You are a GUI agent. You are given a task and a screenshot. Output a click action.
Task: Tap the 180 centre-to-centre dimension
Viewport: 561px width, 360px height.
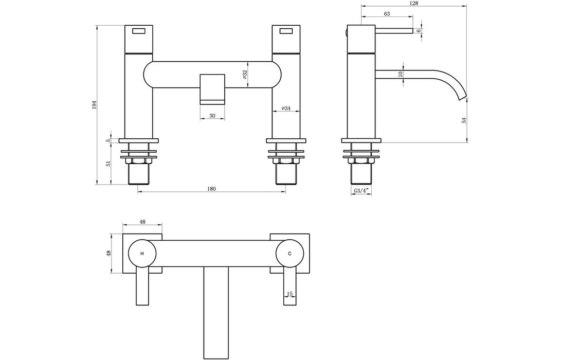211,188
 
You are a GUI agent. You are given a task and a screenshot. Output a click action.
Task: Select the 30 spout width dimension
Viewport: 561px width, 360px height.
212,116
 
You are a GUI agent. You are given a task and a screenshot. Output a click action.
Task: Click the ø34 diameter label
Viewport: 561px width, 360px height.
286,109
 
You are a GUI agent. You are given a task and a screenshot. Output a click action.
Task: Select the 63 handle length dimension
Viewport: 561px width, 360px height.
387,14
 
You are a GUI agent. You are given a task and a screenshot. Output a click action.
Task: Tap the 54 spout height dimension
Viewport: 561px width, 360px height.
463,120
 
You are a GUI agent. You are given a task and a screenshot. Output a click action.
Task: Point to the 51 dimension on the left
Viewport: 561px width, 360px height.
108,164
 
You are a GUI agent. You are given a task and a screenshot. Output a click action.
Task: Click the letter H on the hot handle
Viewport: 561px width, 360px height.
142,254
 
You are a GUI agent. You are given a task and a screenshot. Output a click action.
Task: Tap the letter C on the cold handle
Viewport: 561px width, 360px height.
290,254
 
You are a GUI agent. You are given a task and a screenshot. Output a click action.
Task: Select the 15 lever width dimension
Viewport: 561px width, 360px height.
290,294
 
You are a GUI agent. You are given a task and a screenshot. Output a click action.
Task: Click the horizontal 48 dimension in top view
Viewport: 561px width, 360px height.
142,222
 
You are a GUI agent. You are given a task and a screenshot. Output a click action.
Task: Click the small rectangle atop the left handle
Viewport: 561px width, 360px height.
139,31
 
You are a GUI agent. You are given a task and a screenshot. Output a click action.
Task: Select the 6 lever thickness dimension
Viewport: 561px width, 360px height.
419,31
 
